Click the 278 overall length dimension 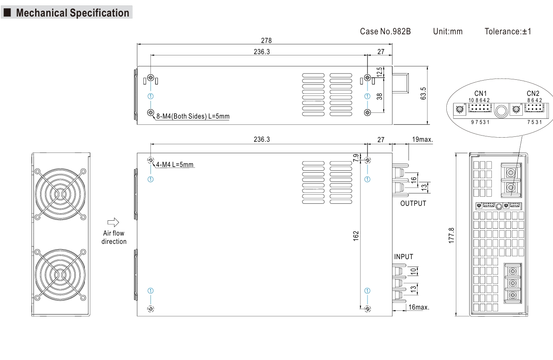pos(266,40)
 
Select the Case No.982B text pos(385,31)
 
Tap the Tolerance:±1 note pos(508,31)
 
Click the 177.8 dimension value pos(452,234)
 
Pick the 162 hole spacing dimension pos(356,235)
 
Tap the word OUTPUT pos(413,203)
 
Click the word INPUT pos(403,257)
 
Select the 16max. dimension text pos(419,307)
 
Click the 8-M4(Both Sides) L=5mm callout pos(192,117)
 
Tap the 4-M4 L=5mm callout pos(174,165)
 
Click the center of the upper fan pos(60,193)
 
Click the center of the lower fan pos(60,274)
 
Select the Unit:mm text pos(448,31)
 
